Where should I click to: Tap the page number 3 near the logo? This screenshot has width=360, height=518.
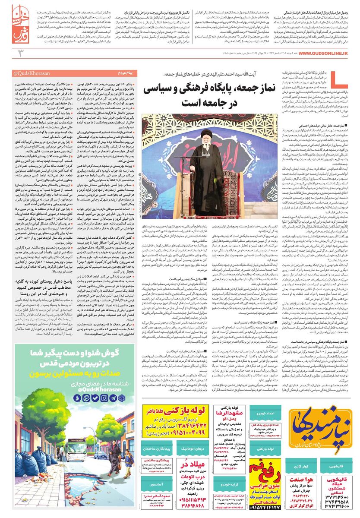[x=20, y=53]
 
